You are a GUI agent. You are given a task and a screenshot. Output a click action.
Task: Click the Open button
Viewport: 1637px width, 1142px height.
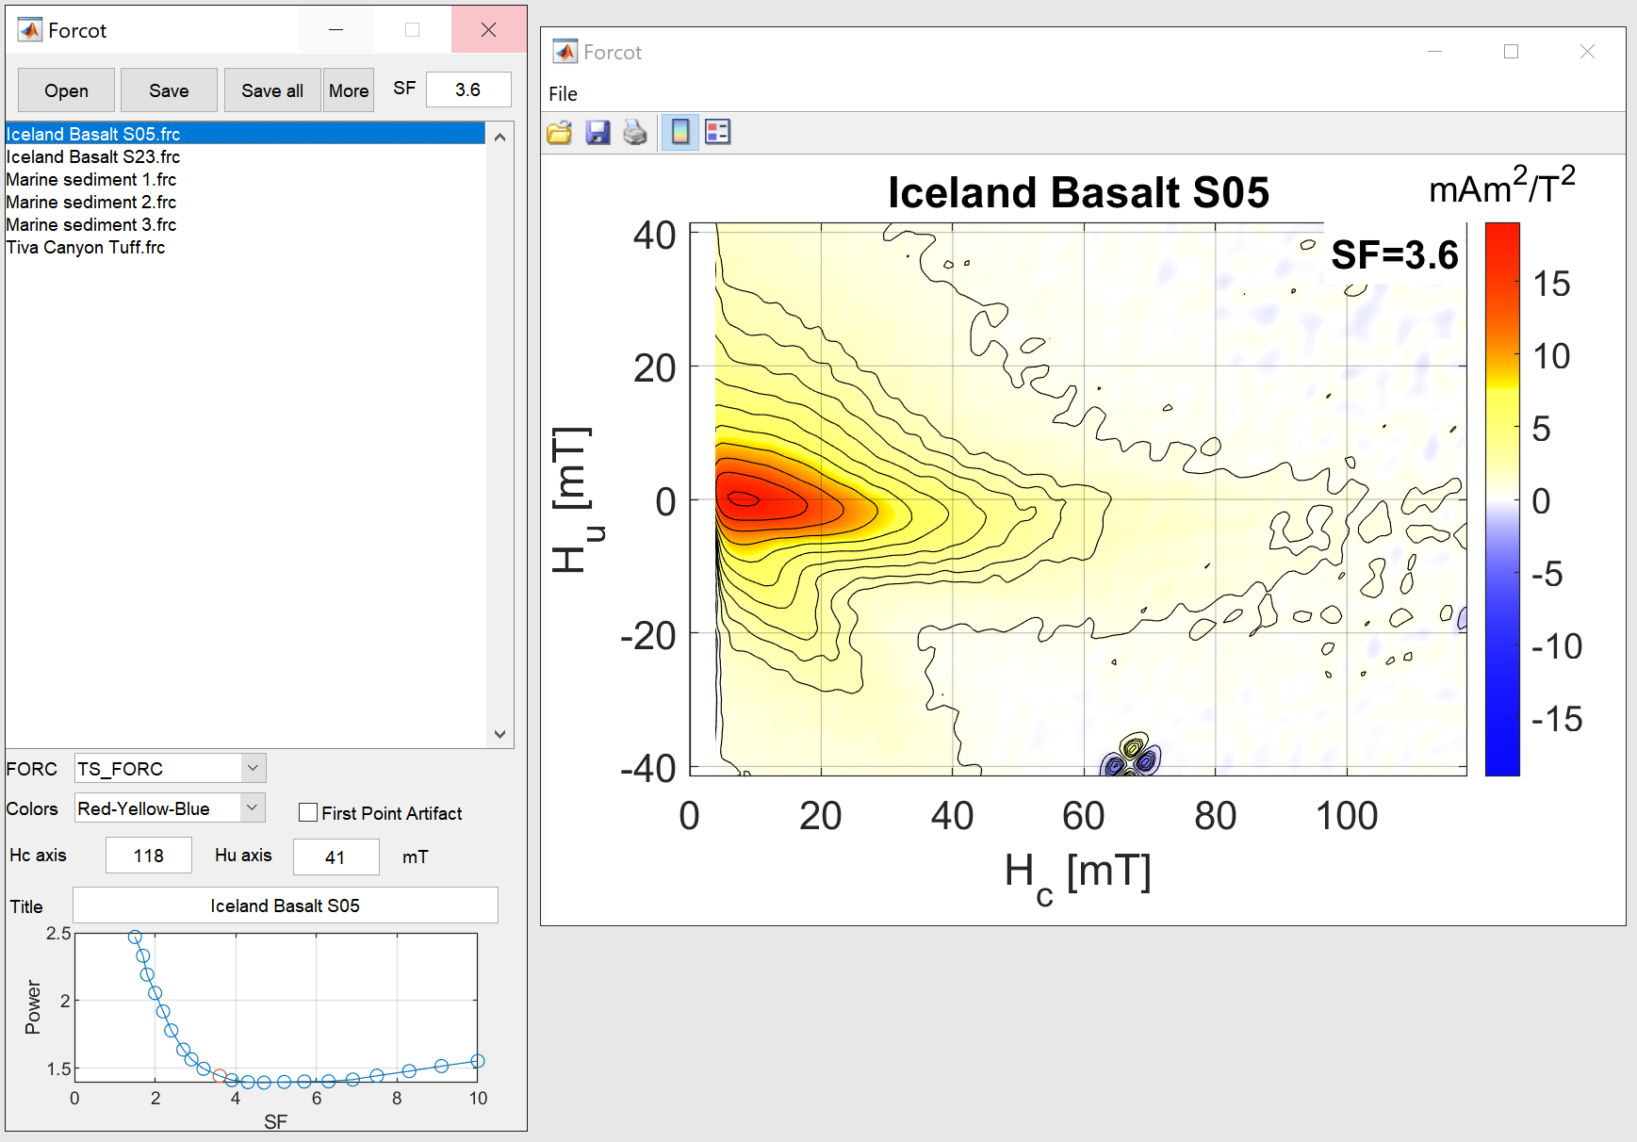66,90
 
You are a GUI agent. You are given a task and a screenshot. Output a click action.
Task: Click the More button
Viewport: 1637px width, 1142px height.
349,90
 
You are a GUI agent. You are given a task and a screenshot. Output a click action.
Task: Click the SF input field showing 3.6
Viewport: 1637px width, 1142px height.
468,90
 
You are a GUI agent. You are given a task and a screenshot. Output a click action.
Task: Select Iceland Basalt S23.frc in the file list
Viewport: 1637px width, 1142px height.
93,156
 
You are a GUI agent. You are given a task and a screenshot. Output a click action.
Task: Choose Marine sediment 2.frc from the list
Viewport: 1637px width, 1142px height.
91,202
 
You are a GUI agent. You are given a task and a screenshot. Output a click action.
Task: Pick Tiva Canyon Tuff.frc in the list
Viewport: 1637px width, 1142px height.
86,247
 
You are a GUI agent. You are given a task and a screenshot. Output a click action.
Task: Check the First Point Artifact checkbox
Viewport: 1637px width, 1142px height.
308,812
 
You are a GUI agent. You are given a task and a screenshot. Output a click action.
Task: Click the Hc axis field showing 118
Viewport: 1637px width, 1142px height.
149,856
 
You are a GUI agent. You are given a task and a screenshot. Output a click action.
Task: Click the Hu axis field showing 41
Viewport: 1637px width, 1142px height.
336,857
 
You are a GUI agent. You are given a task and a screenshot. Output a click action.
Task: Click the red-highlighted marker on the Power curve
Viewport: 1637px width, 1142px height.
220,1076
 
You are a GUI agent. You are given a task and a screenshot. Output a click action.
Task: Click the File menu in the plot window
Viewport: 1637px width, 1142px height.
563,93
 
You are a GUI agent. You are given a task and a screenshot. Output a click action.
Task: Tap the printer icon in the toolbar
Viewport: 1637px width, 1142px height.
635,132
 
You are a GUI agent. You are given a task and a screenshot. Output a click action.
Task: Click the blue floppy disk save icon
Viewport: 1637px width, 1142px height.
598,132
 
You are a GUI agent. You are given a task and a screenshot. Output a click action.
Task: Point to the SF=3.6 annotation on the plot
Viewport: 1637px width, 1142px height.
1395,254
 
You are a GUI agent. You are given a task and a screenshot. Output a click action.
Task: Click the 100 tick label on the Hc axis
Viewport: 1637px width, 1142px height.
1347,816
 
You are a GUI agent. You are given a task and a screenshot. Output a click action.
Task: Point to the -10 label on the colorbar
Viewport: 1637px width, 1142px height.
1557,646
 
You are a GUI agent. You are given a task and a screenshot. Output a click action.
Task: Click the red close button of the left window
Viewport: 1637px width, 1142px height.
488,29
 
